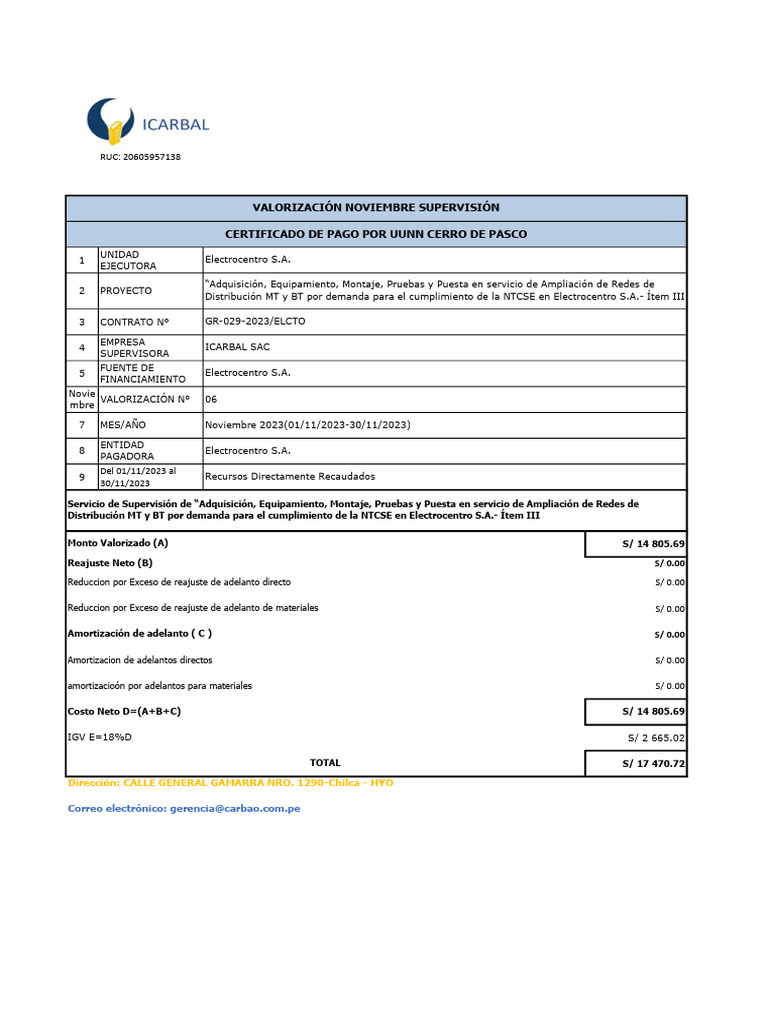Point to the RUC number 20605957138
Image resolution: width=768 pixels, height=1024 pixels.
(x=140, y=158)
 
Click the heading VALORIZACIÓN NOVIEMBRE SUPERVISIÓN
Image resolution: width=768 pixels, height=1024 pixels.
(x=376, y=208)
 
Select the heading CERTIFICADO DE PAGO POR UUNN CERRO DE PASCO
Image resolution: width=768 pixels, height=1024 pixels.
(x=376, y=234)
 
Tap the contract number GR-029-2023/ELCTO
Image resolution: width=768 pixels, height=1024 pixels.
(x=255, y=322)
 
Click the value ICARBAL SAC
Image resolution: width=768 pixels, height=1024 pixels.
(x=237, y=347)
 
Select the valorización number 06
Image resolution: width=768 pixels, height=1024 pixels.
(x=211, y=399)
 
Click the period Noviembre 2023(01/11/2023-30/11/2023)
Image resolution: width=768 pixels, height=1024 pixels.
(x=308, y=425)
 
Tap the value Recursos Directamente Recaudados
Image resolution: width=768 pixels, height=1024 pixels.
(x=290, y=477)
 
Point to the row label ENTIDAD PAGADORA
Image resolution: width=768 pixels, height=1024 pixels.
(x=128, y=450)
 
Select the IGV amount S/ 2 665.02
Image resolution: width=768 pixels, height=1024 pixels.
(x=656, y=738)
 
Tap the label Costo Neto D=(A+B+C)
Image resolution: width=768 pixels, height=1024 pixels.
(x=124, y=711)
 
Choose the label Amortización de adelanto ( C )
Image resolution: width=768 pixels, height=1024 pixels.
(x=139, y=633)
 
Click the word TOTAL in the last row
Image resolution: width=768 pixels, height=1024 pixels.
(x=325, y=762)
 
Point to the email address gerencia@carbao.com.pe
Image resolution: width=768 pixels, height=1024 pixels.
(x=232, y=808)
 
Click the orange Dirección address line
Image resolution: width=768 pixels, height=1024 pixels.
(x=230, y=783)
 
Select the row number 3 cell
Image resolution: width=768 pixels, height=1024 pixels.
(x=82, y=322)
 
